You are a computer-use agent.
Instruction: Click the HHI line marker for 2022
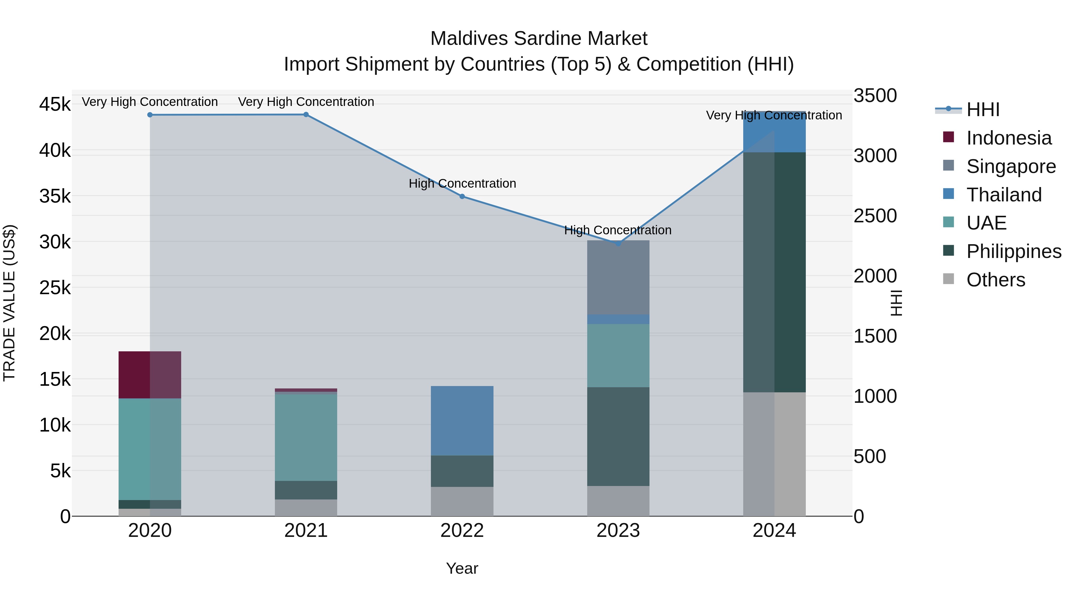coord(462,196)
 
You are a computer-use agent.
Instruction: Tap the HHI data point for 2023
coord(618,243)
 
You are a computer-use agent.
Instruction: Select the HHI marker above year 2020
coord(150,115)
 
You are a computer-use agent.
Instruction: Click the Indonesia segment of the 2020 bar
coord(150,375)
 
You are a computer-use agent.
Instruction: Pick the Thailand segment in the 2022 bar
coord(462,420)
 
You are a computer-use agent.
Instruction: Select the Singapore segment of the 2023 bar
coord(618,277)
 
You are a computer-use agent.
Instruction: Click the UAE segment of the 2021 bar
coord(306,438)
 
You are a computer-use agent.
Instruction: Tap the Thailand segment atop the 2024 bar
coord(774,134)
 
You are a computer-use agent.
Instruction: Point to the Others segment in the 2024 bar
coord(774,454)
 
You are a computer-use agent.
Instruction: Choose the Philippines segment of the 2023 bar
coord(618,436)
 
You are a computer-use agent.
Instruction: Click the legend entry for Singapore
coord(1011,166)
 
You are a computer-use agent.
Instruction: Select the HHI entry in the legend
coord(982,110)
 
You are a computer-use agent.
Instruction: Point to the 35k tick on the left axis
coord(55,196)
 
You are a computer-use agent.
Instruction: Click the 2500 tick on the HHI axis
coord(875,216)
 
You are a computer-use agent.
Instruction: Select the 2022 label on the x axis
coord(462,531)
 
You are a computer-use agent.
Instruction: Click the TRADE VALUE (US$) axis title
coord(10,303)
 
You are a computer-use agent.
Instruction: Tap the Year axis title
coord(462,568)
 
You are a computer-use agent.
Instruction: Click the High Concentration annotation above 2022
coord(462,184)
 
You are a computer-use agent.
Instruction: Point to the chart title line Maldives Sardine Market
coord(539,39)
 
